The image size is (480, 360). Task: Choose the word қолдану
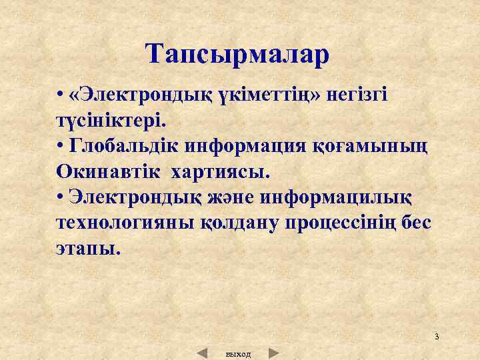[x=244, y=223]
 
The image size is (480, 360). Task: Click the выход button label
[x=239, y=354]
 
